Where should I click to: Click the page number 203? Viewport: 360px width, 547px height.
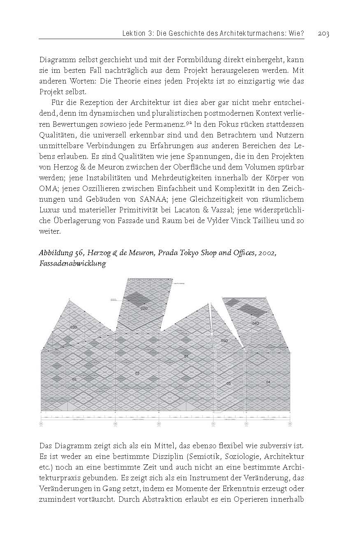click(x=323, y=34)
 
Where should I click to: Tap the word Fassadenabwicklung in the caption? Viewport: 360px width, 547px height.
click(x=72, y=264)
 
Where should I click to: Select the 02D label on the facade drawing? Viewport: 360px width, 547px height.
click(x=144, y=308)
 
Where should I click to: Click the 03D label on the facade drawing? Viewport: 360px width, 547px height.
click(x=74, y=327)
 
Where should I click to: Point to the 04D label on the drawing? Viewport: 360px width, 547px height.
click(x=255, y=324)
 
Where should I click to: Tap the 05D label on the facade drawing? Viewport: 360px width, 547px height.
click(x=224, y=341)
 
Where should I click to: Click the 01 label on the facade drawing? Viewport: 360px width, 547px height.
click(x=186, y=356)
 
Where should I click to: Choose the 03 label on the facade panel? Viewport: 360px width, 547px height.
click(x=74, y=379)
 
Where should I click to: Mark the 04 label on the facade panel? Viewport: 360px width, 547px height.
click(x=268, y=382)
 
